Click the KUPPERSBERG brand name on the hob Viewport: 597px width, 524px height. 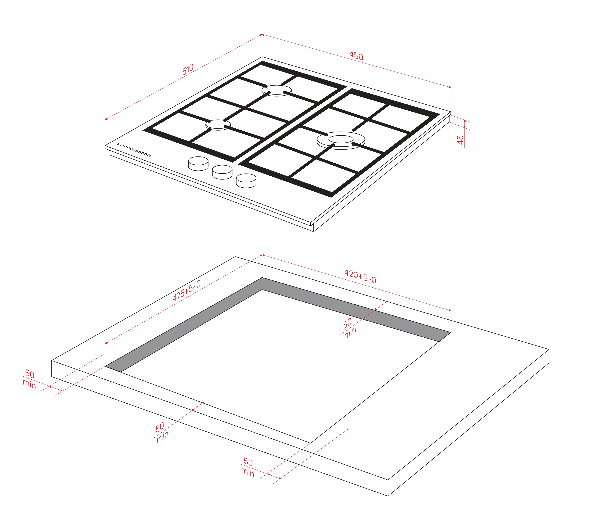tap(134, 150)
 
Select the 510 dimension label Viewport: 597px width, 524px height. tap(188, 70)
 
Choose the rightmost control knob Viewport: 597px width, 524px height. tap(246, 181)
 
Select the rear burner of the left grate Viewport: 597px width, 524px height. tap(276, 91)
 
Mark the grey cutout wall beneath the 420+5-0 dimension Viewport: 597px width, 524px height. tap(356, 309)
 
